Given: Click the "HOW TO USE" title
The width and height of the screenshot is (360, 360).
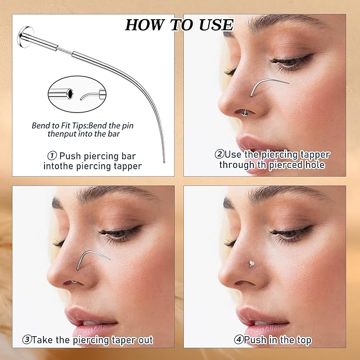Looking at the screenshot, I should click(179, 24).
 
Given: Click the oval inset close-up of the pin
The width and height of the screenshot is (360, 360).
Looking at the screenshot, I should click(78, 94).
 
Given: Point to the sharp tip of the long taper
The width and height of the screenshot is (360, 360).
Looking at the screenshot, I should click(164, 163).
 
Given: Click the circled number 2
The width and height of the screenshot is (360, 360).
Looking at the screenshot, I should click(219, 154).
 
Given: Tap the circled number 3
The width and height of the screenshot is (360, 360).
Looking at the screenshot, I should click(26, 340).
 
